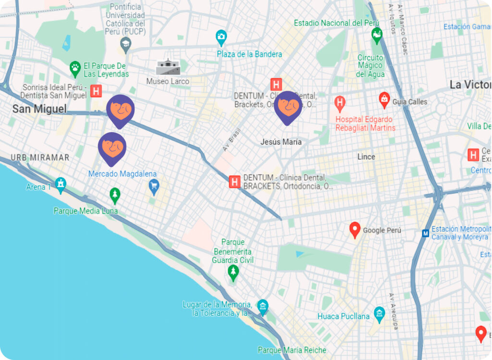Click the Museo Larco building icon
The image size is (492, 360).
click(x=168, y=67)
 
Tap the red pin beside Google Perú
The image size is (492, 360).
click(x=355, y=230)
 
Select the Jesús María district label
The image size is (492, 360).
click(x=281, y=142)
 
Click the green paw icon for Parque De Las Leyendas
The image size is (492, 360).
click(x=75, y=68)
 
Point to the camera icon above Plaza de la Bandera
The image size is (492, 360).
click(x=221, y=36)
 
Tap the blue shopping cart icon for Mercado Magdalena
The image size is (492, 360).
click(x=154, y=186)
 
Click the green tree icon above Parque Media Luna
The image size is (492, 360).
click(x=114, y=195)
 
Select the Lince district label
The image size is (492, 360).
click(x=366, y=157)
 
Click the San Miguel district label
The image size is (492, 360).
click(x=39, y=109)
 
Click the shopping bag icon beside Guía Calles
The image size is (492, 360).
click(x=384, y=100)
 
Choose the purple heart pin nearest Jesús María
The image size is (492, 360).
click(x=288, y=107)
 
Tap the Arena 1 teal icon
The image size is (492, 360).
click(x=60, y=184)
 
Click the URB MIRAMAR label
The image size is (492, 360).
click(x=40, y=157)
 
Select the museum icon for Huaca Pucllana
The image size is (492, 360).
click(x=379, y=314)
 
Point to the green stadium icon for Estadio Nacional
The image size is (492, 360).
click(x=377, y=35)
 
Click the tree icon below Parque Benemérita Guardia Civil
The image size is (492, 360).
click(x=233, y=273)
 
